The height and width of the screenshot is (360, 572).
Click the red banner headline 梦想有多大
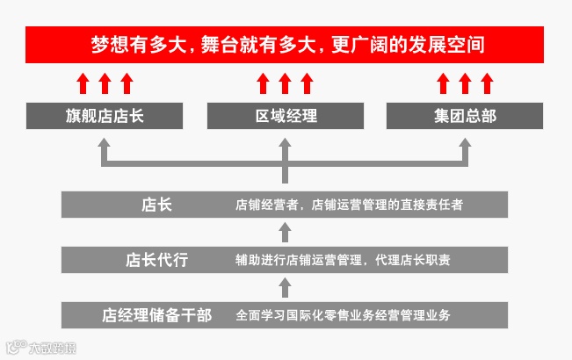click(x=286, y=44)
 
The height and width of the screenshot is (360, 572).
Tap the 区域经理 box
click(x=286, y=116)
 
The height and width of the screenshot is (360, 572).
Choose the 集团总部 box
click(x=465, y=116)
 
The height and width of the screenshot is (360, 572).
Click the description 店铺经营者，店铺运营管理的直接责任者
click(x=349, y=205)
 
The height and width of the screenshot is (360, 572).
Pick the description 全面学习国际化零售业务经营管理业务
click(x=344, y=314)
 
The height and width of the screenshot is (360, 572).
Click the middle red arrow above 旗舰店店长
click(x=104, y=83)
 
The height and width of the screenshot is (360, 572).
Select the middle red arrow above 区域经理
click(x=285, y=83)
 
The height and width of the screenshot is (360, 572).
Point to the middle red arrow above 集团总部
click(x=466, y=83)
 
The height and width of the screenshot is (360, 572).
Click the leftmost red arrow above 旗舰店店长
click(x=82, y=83)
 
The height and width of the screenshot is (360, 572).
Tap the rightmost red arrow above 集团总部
click(x=488, y=83)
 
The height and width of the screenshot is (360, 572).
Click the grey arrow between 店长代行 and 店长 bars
click(x=285, y=232)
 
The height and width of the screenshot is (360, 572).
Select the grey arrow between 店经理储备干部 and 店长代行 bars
click(x=285, y=287)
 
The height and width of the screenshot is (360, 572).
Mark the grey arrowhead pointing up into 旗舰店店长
click(x=104, y=150)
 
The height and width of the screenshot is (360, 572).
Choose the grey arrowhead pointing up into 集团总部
click(x=466, y=150)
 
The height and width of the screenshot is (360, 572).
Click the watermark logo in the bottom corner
click(x=40, y=347)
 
